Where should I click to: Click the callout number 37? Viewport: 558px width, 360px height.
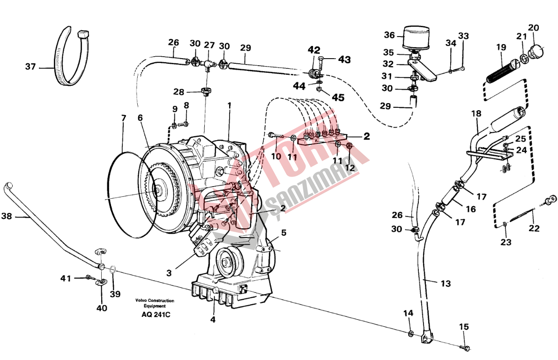coord(30,67)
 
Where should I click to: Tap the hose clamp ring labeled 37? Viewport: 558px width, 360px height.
coord(70,56)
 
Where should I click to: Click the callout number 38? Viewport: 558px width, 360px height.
coord(6,217)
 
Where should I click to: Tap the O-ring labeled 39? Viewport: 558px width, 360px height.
coord(113,270)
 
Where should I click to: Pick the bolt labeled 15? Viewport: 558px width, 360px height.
coord(465,348)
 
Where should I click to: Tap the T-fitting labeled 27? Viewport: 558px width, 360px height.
coord(207,63)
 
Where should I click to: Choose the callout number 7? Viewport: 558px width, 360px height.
coord(123,118)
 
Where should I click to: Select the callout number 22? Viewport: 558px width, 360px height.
coord(534,229)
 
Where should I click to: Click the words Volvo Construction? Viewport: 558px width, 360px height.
coord(155,300)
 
